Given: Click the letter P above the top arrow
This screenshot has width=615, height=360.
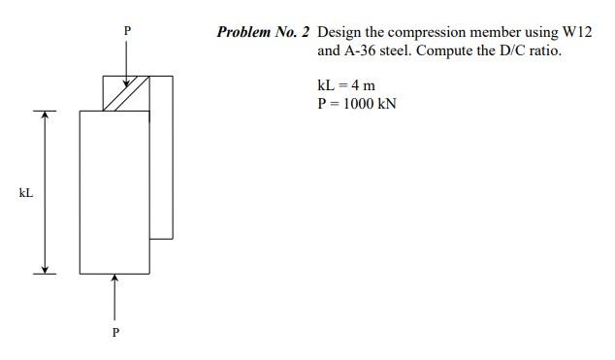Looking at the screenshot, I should point(125,31).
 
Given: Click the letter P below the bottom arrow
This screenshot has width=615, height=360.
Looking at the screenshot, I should point(115,332).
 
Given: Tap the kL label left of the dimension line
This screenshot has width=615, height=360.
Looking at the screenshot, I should point(26,193).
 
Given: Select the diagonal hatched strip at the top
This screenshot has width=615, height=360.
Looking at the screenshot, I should point(126,93).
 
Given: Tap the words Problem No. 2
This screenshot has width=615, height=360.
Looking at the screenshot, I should point(263,32).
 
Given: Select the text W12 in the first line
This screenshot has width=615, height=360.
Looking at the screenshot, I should point(576,32).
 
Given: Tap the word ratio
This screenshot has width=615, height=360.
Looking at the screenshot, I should point(545,49).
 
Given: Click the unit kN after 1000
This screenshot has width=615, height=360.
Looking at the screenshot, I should point(386,104).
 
